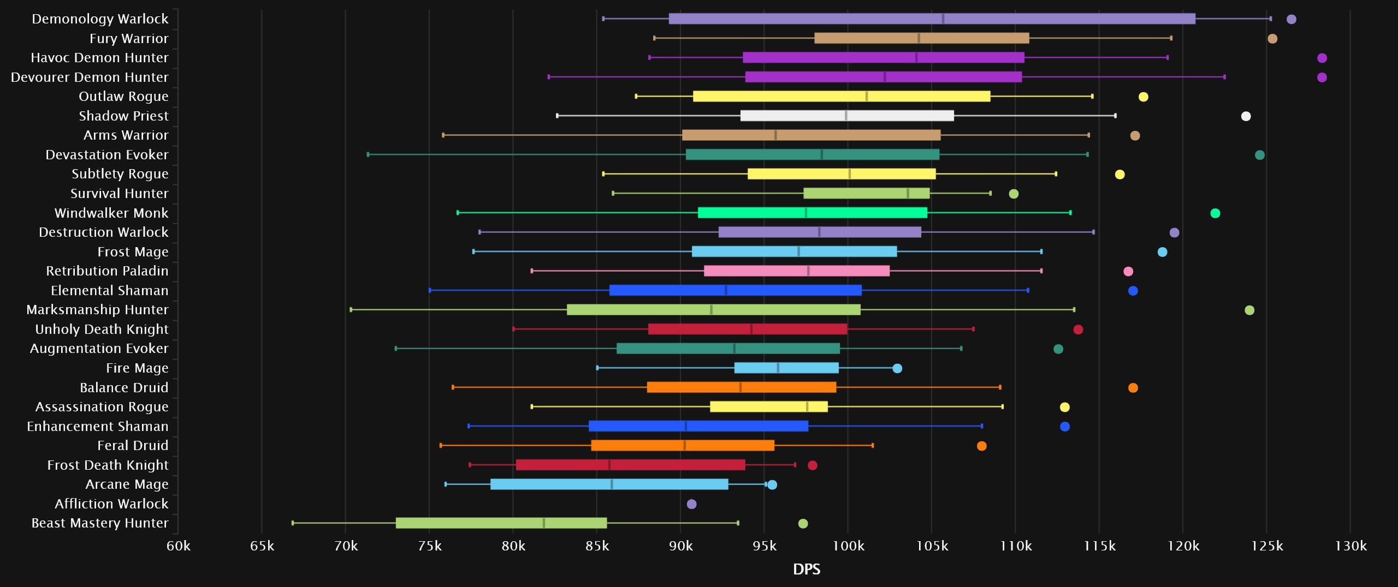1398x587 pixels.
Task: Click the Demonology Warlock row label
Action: tap(100, 19)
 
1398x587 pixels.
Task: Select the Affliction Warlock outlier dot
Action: tap(691, 504)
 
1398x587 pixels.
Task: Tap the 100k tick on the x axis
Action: tap(848, 546)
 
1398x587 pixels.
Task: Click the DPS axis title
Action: tap(806, 570)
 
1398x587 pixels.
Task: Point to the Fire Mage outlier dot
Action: tap(897, 368)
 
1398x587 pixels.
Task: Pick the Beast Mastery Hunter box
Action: tap(501, 523)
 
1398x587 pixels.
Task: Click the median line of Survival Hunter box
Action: tap(908, 193)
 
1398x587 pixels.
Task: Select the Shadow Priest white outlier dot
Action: tap(1246, 116)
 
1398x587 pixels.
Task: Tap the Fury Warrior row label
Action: tap(129, 39)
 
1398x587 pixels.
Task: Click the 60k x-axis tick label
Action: tap(179, 546)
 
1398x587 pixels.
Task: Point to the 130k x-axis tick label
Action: tap(1350, 546)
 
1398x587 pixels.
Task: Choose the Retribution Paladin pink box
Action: tap(796, 271)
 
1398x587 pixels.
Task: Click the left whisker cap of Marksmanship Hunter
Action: tap(351, 310)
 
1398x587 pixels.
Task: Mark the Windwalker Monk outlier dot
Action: tap(1215, 213)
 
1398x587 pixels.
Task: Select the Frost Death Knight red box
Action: tap(630, 465)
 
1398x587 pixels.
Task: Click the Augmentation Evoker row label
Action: tap(99, 349)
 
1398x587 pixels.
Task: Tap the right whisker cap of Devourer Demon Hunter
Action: tap(1224, 77)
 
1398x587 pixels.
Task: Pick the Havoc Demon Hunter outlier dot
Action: tap(1322, 58)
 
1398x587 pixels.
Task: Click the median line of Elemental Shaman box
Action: tap(726, 290)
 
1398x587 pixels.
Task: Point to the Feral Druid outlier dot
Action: tap(981, 446)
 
